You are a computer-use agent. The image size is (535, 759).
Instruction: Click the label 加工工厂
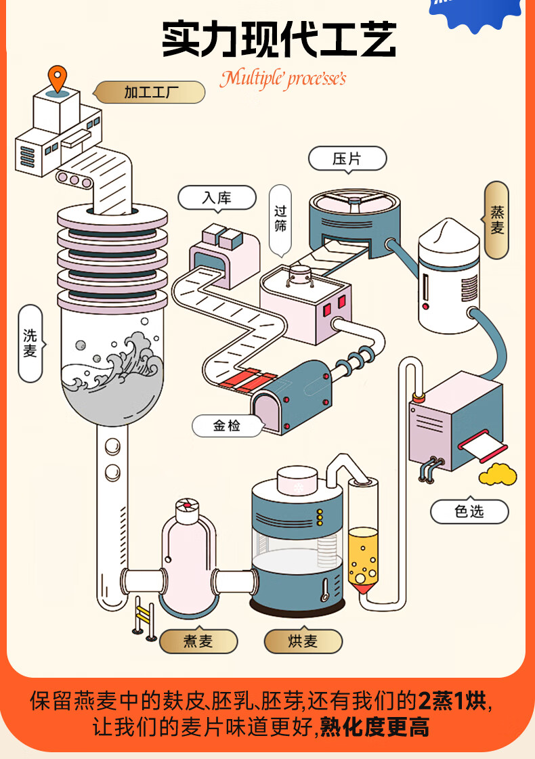(150, 92)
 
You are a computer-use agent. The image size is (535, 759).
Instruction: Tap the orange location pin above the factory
(59, 78)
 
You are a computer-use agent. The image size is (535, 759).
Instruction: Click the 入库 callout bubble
(217, 198)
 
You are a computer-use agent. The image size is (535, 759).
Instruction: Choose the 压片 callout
(347, 159)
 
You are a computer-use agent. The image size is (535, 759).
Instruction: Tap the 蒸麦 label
(496, 220)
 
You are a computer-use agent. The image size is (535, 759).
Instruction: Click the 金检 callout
(227, 426)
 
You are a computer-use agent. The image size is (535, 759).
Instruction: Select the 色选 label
(469, 511)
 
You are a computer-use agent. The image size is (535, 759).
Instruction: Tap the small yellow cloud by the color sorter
(498, 475)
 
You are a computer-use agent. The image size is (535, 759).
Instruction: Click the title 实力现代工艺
(279, 39)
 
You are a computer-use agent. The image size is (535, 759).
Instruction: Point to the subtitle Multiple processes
(282, 79)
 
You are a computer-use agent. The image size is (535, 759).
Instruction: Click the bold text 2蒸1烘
(452, 701)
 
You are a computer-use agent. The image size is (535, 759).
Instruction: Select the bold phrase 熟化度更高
(374, 729)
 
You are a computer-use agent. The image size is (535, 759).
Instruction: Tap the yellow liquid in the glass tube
(362, 555)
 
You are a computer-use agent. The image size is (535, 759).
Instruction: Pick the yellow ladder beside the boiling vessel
(144, 615)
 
